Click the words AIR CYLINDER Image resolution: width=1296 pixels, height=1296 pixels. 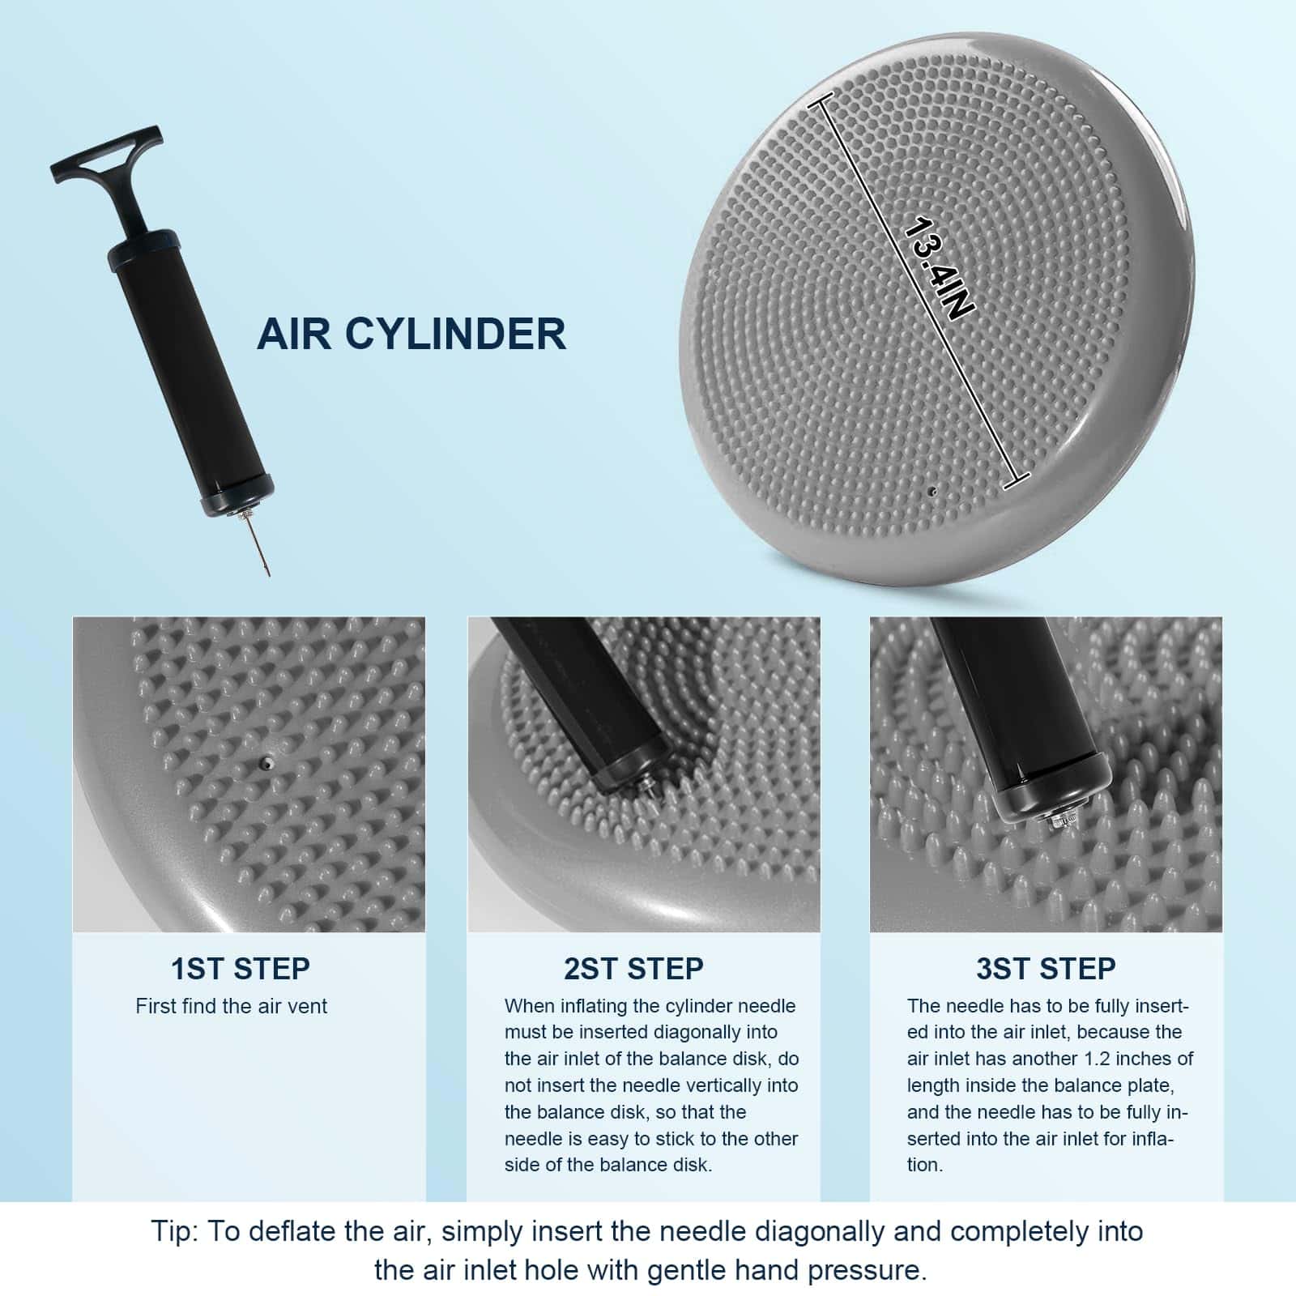coord(411,334)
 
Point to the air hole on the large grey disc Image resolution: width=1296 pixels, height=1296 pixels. coord(933,490)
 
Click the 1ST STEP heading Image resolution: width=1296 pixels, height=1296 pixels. coord(241,968)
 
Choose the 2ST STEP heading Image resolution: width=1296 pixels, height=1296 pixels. coord(634,968)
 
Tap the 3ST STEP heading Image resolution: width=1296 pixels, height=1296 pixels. coord(1046,968)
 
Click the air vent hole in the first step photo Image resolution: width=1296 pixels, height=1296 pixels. coord(266,762)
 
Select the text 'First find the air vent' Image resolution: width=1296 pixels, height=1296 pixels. coord(232,1006)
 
